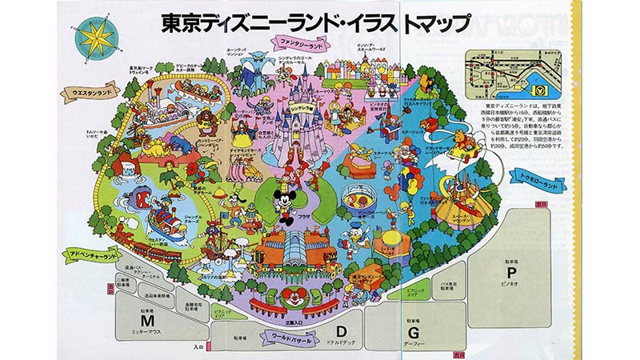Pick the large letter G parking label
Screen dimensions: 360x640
click(x=414, y=330)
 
